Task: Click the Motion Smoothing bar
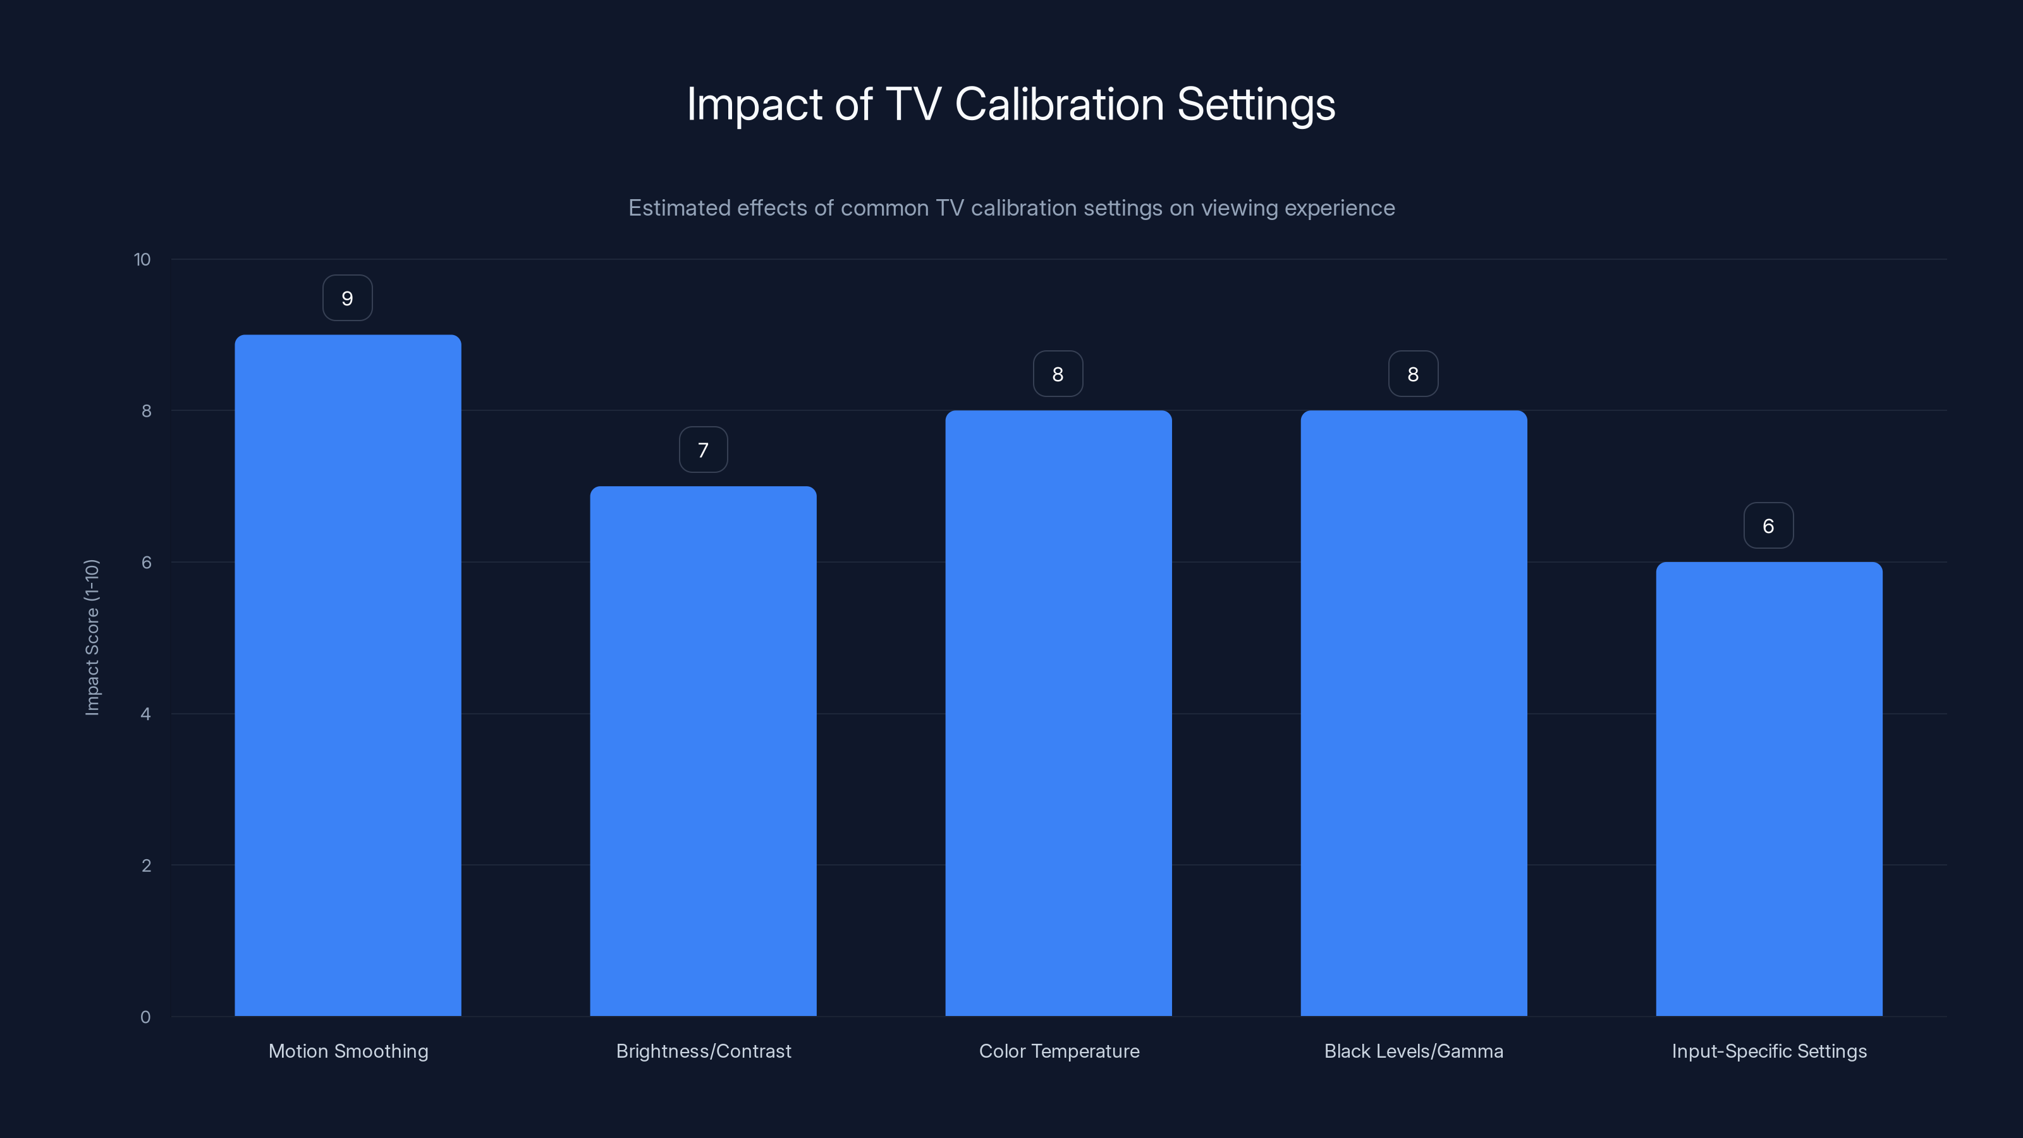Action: pyautogui.click(x=348, y=675)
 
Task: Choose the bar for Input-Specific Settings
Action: pyautogui.click(x=1769, y=788)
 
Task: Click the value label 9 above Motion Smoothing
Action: pyautogui.click(x=347, y=298)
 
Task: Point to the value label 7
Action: pyautogui.click(x=703, y=450)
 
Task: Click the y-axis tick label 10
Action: pyautogui.click(x=142, y=260)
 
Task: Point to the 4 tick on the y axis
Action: pyautogui.click(x=146, y=714)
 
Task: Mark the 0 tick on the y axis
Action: pyautogui.click(x=145, y=1017)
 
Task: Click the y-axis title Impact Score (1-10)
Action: pyautogui.click(x=92, y=637)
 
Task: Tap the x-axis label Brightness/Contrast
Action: pyautogui.click(x=703, y=1051)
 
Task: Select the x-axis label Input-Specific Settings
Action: pyautogui.click(x=1769, y=1051)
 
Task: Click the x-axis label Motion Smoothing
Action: pyautogui.click(x=348, y=1051)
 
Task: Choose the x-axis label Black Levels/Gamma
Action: pyautogui.click(x=1414, y=1051)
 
